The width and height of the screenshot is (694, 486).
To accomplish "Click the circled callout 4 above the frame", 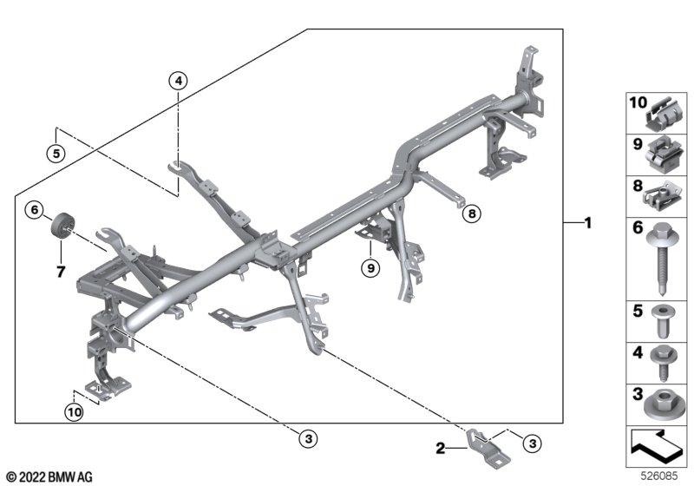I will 178,82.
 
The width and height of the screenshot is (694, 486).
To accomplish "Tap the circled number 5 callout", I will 56,153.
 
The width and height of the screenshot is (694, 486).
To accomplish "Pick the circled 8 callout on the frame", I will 471,212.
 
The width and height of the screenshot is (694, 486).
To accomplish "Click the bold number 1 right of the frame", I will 588,223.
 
